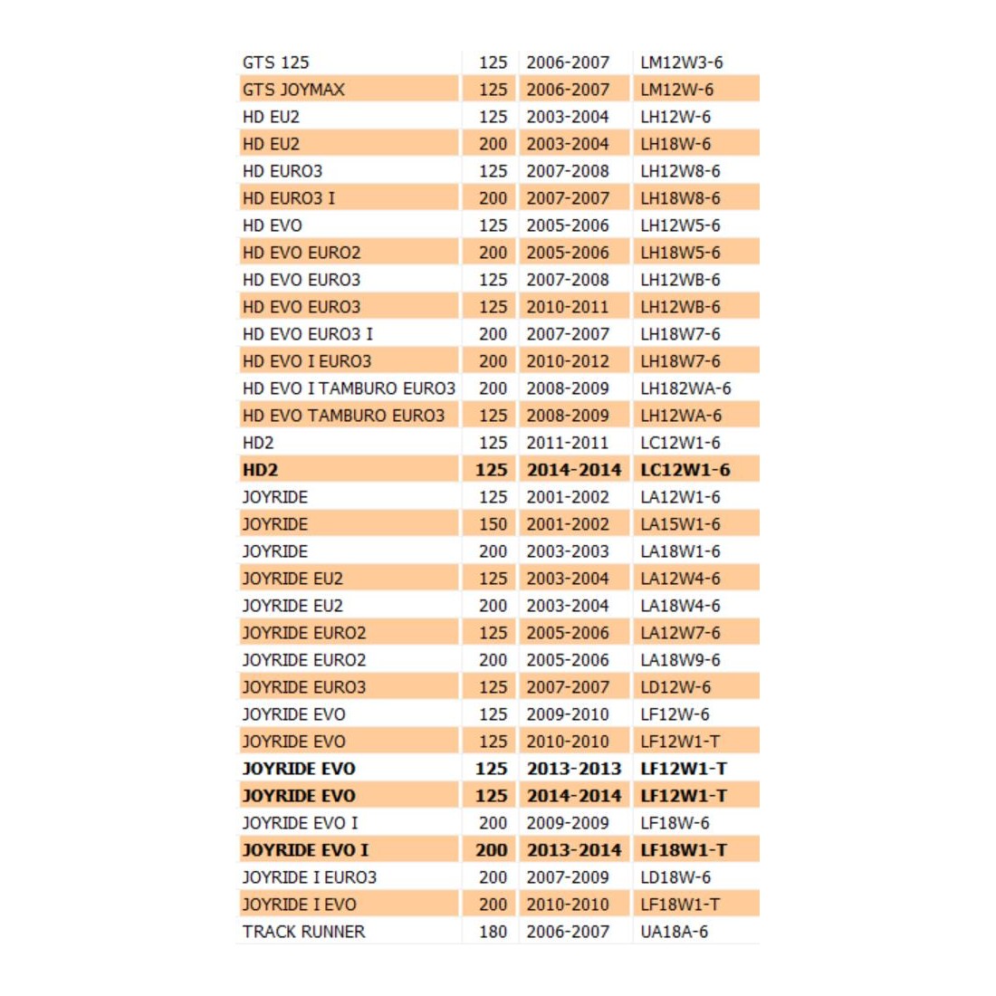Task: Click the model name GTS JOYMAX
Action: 293,90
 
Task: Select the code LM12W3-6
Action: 681,62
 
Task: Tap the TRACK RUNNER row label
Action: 303,932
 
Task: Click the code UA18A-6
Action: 674,932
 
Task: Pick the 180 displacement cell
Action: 493,932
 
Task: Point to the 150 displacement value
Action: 493,524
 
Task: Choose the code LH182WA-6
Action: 685,388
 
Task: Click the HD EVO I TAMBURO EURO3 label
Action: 349,388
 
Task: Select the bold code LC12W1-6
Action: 685,470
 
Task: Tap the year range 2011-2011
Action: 568,443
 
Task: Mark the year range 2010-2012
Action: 568,361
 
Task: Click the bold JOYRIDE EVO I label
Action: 305,850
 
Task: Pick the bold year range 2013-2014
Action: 574,850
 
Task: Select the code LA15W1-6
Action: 680,524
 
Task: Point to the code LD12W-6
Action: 675,687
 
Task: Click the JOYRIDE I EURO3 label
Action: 309,877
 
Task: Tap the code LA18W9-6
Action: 680,660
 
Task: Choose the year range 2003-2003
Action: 568,551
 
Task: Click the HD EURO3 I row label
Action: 288,198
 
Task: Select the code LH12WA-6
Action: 681,416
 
